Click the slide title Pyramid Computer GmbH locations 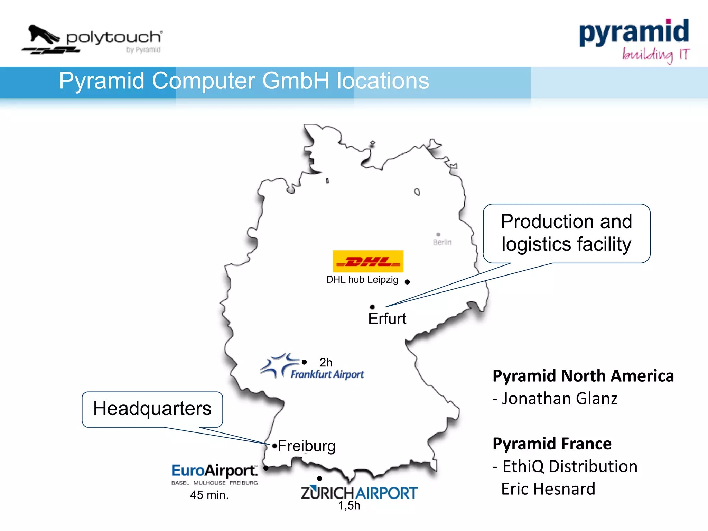point(244,81)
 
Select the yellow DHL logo point(368,261)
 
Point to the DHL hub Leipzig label point(362,280)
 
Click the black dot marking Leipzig point(407,282)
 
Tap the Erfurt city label point(387,319)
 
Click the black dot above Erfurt point(372,307)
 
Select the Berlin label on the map point(442,242)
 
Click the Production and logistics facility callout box point(566,233)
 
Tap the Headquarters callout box point(152,409)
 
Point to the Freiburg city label point(306,446)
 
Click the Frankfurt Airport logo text point(327,374)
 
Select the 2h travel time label point(326,363)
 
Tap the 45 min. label point(209,495)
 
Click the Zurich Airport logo point(359,493)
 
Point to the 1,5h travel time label point(349,506)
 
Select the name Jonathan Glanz point(559,399)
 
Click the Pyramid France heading point(552,444)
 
